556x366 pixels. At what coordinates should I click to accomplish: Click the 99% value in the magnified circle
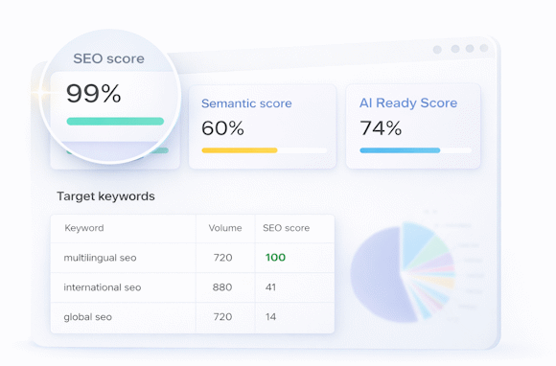click(x=94, y=94)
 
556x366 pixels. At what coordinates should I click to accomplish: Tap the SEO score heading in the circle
click(x=108, y=58)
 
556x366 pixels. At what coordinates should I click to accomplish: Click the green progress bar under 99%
click(x=115, y=122)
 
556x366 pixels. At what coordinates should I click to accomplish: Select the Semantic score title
click(x=246, y=103)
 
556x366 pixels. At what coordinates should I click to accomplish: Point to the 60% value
click(x=222, y=127)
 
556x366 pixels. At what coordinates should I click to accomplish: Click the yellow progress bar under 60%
click(x=240, y=150)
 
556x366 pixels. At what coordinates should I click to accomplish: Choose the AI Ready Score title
click(x=408, y=103)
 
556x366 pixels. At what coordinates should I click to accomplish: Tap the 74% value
click(x=380, y=127)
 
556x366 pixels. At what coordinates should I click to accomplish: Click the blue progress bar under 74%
click(x=400, y=150)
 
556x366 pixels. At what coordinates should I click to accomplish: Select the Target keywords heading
click(x=105, y=196)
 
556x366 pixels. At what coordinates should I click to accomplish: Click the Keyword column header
click(x=84, y=228)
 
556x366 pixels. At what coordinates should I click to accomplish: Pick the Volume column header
click(x=225, y=228)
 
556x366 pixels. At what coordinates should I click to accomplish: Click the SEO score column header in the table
click(x=286, y=228)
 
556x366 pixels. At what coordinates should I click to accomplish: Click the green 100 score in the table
click(x=275, y=257)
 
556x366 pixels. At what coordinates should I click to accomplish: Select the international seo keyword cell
click(x=103, y=287)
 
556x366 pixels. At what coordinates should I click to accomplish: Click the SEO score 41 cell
click(x=271, y=287)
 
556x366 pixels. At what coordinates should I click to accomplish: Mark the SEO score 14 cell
click(x=271, y=316)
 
